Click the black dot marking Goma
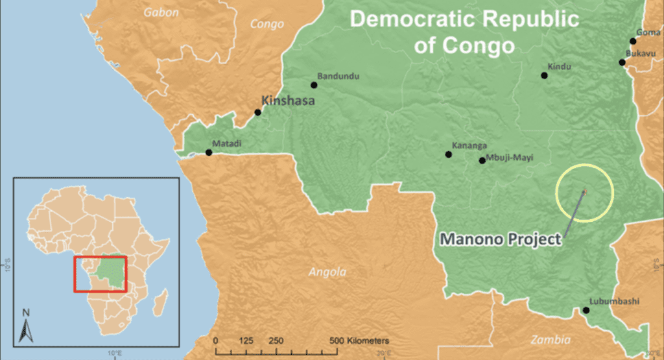click(633, 41)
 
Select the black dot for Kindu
click(544, 76)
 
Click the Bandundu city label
click(338, 76)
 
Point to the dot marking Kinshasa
click(257, 112)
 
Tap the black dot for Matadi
click(209, 153)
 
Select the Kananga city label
click(470, 146)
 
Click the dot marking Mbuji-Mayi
click(482, 160)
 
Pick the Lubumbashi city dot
click(586, 310)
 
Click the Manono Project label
click(501, 239)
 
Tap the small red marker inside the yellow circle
click(584, 191)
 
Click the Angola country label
click(328, 272)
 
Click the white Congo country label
click(268, 25)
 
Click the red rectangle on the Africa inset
click(101, 274)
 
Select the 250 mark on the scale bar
click(276, 341)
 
